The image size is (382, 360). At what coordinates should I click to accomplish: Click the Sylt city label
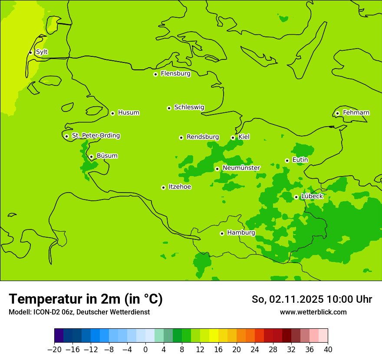(42, 52)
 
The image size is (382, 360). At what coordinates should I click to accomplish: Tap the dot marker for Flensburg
(155, 74)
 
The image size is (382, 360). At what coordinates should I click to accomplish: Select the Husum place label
(128, 113)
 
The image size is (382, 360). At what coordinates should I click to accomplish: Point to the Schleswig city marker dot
(169, 108)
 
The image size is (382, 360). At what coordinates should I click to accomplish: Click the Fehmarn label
(356, 113)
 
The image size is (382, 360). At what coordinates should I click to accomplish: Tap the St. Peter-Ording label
(96, 136)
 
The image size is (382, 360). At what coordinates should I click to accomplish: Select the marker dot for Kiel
(233, 138)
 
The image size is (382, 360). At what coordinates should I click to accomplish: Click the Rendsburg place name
(203, 137)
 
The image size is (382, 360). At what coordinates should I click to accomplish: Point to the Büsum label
(107, 156)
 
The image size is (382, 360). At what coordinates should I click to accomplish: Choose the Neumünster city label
(241, 168)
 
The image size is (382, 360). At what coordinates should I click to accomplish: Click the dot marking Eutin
(287, 160)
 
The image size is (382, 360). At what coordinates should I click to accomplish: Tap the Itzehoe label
(180, 187)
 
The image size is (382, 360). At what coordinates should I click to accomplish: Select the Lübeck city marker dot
(296, 197)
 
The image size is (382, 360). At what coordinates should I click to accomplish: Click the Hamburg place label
(241, 233)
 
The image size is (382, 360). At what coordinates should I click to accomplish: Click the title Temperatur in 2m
(86, 299)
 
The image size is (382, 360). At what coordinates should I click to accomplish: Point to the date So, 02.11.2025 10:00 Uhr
(312, 299)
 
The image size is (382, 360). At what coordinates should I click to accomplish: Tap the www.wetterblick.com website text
(313, 312)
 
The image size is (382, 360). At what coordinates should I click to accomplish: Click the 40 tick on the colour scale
(328, 350)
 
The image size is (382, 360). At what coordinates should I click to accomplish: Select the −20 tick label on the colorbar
(54, 350)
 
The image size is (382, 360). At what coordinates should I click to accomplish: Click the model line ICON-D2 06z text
(79, 312)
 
